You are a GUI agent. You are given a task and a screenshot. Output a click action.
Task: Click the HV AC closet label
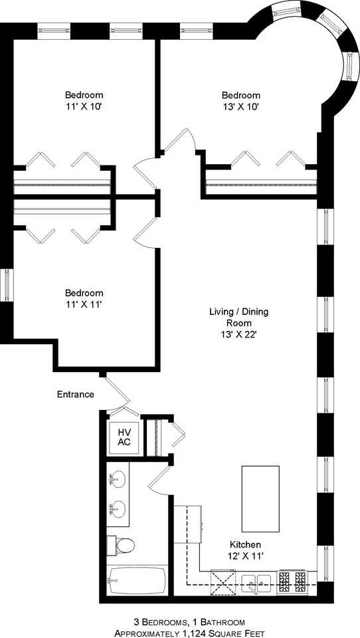pos(124,437)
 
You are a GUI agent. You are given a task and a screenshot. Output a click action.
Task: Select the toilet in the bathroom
pos(121,546)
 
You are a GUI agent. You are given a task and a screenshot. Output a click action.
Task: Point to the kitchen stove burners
pos(294,582)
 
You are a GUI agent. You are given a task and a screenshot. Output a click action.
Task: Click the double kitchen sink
pos(255,582)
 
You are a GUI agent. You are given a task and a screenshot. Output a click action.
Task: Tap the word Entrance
pos(75,394)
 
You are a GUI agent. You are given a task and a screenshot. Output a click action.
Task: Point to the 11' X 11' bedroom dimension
pos(84,304)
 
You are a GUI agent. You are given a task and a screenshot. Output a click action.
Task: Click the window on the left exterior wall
pos(6,284)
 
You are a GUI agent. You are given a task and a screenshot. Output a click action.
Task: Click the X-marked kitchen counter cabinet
pos(223,582)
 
